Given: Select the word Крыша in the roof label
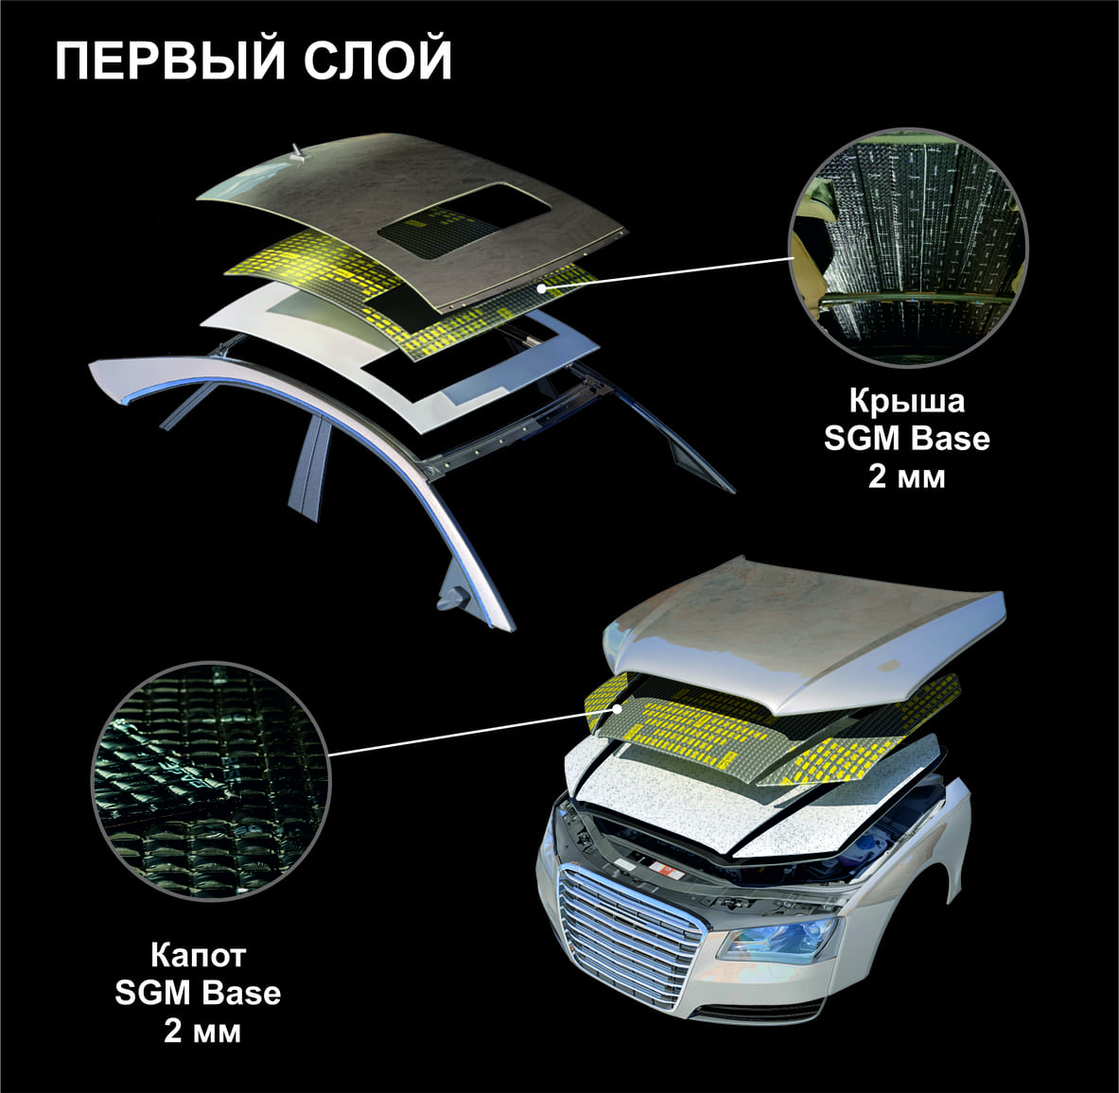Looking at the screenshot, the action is click(907, 402).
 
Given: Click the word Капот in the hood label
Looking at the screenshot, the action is click(198, 955).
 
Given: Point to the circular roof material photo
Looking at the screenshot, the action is click(908, 247).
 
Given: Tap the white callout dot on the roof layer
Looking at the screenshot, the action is click(542, 288).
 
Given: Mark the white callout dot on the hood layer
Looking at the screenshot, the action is click(617, 708).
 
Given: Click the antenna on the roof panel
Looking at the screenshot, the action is click(296, 153).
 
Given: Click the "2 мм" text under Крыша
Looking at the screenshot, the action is click(906, 476).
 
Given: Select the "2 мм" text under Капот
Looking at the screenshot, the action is click(202, 1031).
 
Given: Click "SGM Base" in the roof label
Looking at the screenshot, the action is click(907, 438).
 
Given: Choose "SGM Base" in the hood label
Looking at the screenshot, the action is click(198, 993).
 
